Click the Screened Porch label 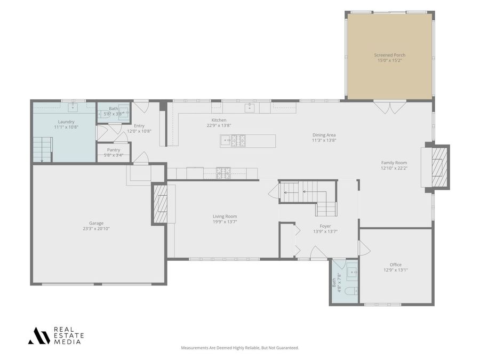[x=389, y=55]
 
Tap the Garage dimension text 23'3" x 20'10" [x=96, y=229]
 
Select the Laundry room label [x=66, y=122]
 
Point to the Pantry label [x=114, y=150]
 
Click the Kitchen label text [x=219, y=121]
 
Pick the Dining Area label [x=324, y=135]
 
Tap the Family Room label [x=394, y=163]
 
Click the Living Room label [x=225, y=217]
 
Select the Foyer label [x=325, y=226]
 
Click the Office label [x=396, y=265]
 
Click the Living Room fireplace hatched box [x=161, y=204]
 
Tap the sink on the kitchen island [x=226, y=140]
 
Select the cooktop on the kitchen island [x=238, y=140]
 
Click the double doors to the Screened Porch [x=389, y=107]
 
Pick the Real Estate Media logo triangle [x=39, y=336]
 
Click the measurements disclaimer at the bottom [x=239, y=348]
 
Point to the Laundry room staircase [x=43, y=150]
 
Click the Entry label [x=139, y=126]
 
